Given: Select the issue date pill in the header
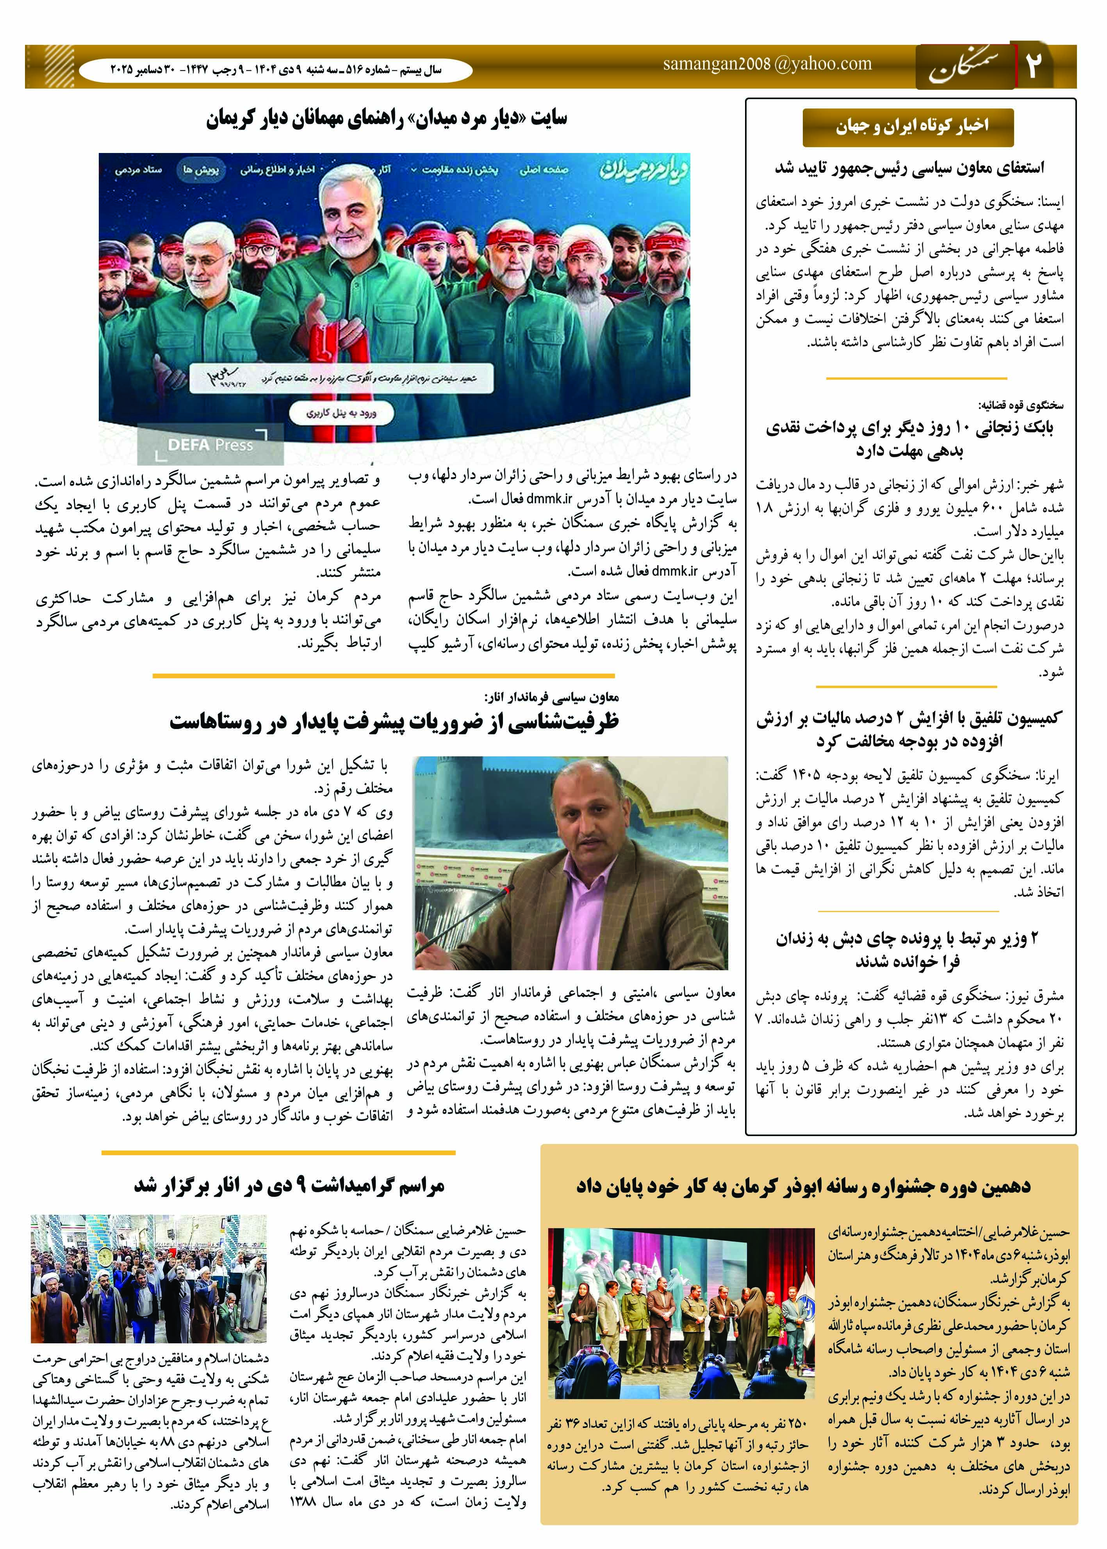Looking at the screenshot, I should point(275,70).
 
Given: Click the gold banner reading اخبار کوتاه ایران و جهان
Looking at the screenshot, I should point(907,127).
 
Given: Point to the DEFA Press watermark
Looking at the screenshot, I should point(210,445).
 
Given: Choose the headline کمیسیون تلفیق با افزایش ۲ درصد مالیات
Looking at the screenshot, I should point(909,729).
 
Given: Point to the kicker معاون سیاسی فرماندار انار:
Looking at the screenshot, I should point(551,697).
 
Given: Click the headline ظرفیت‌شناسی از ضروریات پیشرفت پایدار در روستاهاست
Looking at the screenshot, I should point(394,722).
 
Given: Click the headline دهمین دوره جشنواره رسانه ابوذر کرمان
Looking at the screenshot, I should point(803,1186).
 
